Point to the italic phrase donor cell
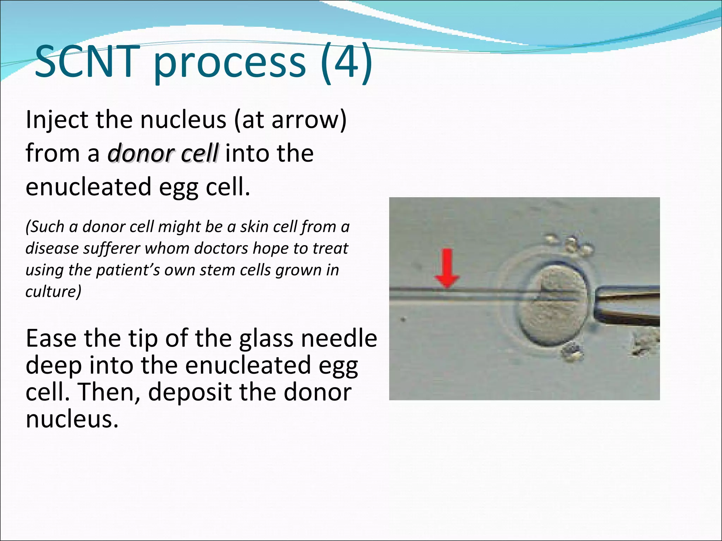163,154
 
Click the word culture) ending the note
53,292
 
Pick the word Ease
51,338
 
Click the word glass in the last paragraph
267,338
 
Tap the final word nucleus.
72,419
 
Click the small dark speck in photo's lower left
404,320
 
